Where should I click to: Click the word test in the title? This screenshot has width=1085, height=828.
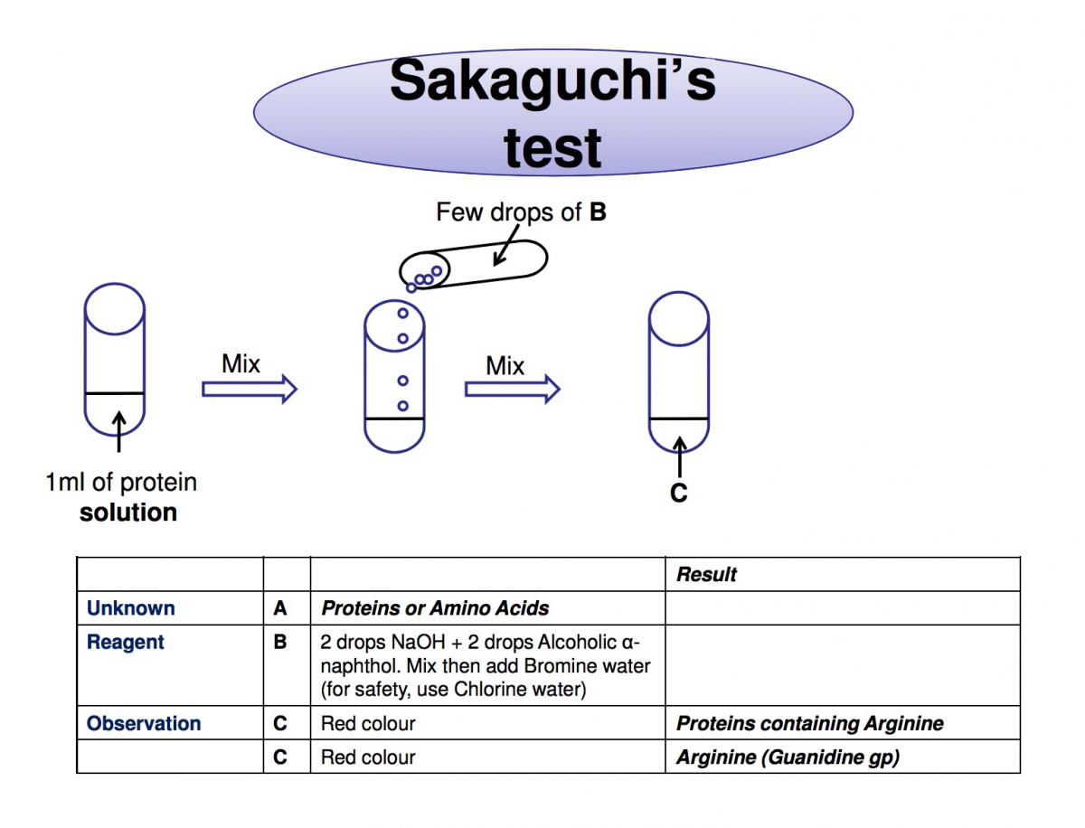(x=552, y=147)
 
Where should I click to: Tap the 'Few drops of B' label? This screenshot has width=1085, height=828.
(x=521, y=212)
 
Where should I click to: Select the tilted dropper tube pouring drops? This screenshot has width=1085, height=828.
(x=475, y=264)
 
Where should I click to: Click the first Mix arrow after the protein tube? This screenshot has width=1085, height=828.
(x=249, y=389)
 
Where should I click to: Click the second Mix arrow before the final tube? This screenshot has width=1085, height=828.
(x=512, y=389)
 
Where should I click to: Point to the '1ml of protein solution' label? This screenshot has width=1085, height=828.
(x=121, y=497)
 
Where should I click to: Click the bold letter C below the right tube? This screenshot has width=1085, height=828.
(x=678, y=494)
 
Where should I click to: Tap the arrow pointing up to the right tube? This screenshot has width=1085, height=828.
(x=679, y=456)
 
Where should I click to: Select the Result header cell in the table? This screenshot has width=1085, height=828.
(x=706, y=574)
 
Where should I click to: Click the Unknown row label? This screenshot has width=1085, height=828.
(x=131, y=608)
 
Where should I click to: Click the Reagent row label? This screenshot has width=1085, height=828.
(x=126, y=643)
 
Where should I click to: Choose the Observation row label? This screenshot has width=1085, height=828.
(x=144, y=724)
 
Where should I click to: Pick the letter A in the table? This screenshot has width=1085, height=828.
(x=280, y=608)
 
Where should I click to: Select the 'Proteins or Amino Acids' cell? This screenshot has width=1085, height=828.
(x=435, y=608)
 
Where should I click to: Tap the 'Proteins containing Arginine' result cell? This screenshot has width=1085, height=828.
(x=809, y=724)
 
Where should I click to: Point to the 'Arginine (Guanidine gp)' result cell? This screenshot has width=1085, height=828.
(x=788, y=757)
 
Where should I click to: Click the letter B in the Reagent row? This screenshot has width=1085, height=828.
(x=280, y=643)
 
